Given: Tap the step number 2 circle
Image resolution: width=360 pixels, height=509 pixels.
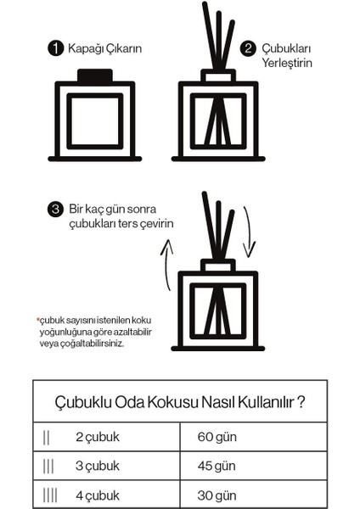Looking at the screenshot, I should [249, 48].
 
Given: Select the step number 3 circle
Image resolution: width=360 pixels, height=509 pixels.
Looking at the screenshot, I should [56, 208].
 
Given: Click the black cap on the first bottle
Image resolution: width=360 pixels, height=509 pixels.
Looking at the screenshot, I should [95, 76].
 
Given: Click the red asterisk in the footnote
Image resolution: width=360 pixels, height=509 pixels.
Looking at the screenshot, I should [38, 319].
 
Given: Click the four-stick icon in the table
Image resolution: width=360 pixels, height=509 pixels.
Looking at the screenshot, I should [50, 493].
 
